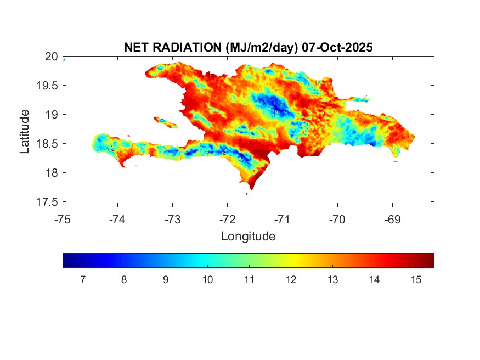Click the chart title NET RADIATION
pos(173,48)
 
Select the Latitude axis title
pos(25,131)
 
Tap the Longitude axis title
pos(248,237)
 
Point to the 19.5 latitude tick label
pos(48,85)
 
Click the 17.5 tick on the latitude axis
pos(48,202)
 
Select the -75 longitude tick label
pos(63,220)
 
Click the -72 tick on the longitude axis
pos(228,220)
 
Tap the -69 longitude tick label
pos(393,220)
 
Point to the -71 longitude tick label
pos(283,220)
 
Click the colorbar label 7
pos(82,280)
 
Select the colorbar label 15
pos(415,280)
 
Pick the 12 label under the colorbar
pos(291,280)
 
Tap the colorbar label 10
pos(207,280)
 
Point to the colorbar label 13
pos(332,280)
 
